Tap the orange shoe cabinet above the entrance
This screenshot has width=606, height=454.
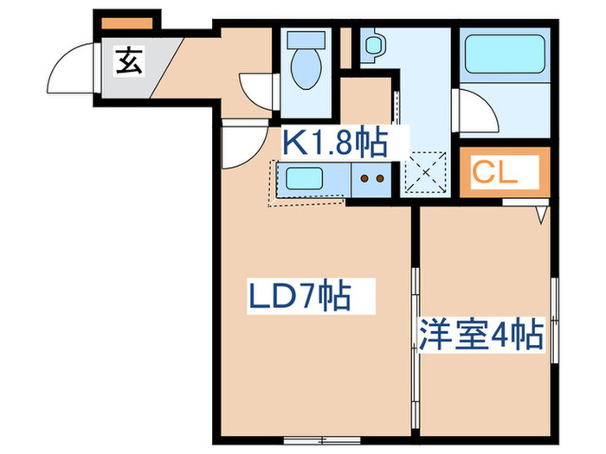(128, 22)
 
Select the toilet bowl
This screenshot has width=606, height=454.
(304, 69)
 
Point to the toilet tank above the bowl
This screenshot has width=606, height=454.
(304, 41)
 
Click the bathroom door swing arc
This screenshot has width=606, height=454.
(474, 111)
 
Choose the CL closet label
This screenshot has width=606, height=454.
(495, 170)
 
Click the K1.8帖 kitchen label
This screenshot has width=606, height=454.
(332, 140)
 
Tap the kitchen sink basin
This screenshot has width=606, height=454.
(305, 181)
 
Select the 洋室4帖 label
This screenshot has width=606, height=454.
(481, 334)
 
